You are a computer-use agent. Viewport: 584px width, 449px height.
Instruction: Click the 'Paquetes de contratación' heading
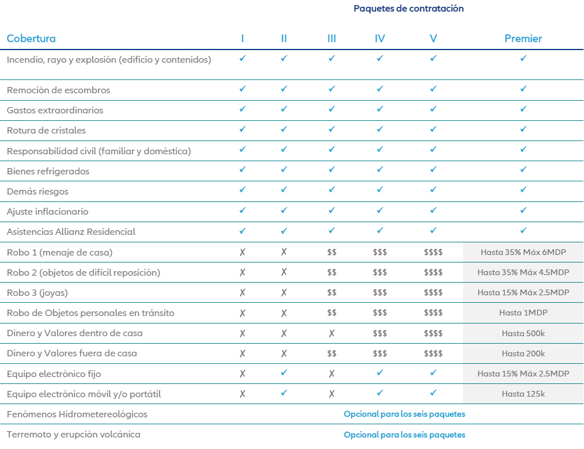click(x=408, y=9)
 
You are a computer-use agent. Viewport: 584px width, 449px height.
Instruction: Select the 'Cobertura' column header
click(x=31, y=39)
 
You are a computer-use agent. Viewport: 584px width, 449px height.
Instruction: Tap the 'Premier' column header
click(x=523, y=39)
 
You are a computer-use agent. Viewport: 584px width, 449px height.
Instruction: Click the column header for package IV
click(x=380, y=39)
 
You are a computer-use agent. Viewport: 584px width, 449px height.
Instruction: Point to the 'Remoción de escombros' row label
click(x=58, y=90)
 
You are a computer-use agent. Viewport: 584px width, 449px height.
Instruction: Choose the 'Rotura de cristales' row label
click(x=46, y=131)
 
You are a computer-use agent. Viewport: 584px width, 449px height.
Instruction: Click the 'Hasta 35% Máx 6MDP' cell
click(x=523, y=252)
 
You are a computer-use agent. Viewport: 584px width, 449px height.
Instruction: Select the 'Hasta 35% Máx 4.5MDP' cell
click(x=523, y=272)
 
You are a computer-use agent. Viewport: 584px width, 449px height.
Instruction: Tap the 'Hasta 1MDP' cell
click(x=523, y=313)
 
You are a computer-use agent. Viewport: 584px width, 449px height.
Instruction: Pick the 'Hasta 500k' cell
click(x=523, y=333)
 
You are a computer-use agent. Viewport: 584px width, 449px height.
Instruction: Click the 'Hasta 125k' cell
click(x=523, y=394)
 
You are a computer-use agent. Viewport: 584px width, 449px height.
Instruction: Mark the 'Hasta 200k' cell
click(x=523, y=353)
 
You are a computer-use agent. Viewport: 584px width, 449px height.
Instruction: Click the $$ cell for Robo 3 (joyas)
click(x=332, y=293)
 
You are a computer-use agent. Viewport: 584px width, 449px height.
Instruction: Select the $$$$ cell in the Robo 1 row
click(x=433, y=252)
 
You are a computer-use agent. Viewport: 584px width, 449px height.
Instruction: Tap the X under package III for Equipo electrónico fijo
click(x=332, y=374)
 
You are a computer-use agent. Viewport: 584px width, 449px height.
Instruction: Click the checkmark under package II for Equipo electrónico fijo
click(x=284, y=373)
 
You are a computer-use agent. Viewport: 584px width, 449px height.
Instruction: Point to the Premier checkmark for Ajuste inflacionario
click(x=523, y=211)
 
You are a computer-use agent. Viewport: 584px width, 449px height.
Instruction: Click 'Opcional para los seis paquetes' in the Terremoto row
click(x=404, y=435)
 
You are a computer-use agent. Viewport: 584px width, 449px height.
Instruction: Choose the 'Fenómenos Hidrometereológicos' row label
click(x=77, y=414)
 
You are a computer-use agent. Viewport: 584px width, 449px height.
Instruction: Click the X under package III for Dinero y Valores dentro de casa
click(x=332, y=333)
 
